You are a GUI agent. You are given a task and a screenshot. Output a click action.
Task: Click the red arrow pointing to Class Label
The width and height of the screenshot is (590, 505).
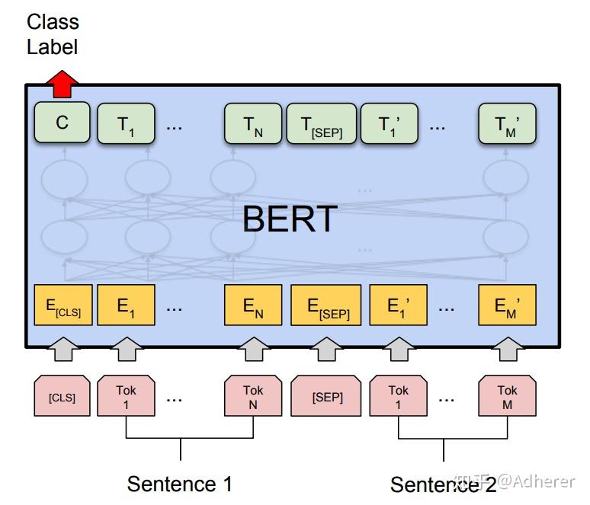[x=63, y=83]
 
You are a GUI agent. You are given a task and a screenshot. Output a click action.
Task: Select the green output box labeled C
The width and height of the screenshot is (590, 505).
[x=63, y=123]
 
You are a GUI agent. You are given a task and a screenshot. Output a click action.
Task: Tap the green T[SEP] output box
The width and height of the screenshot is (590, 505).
[x=321, y=124]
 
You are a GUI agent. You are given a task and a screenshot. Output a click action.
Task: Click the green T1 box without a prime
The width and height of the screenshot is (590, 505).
[x=126, y=124]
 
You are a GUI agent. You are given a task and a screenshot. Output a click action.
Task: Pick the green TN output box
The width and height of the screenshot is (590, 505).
[x=253, y=124]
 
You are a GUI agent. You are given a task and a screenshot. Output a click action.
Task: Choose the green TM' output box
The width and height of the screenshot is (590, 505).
[x=507, y=124]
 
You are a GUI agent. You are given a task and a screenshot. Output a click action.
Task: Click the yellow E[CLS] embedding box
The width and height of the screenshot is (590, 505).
[x=63, y=306]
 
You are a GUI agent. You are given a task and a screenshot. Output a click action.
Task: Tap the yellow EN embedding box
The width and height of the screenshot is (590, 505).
[x=253, y=306]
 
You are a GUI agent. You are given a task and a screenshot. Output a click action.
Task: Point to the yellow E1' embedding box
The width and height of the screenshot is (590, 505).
[x=399, y=306]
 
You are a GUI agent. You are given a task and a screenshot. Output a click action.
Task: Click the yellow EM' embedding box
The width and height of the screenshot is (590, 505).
[x=507, y=306]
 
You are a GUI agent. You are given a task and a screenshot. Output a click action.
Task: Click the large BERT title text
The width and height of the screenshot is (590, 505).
[x=290, y=219]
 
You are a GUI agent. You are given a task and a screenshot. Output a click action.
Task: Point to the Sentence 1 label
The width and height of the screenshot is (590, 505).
[x=179, y=484]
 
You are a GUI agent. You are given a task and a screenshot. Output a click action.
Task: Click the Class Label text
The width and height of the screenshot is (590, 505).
[x=53, y=34]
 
